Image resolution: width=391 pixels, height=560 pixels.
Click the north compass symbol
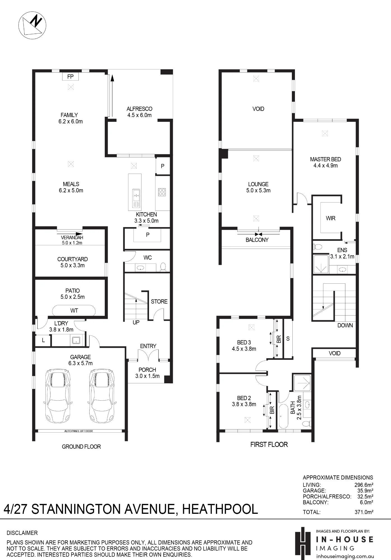[32, 25]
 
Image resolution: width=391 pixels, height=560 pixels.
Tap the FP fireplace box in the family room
[70, 76]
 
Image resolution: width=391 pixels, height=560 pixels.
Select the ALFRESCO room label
[139, 109]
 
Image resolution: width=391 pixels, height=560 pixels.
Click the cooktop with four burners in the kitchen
[162, 192]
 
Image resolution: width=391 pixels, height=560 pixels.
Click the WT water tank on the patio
[74, 311]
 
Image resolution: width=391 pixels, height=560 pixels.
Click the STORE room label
[159, 302]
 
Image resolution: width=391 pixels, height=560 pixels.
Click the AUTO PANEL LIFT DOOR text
[78, 431]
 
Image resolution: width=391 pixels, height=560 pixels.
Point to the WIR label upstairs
[331, 218]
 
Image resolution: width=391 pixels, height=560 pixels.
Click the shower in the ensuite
[321, 264]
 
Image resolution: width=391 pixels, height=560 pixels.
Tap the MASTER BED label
[325, 159]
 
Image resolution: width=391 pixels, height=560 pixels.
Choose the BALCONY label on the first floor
[257, 240]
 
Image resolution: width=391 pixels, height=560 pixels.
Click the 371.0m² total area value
[364, 512]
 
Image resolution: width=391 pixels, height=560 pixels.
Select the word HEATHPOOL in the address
[220, 509]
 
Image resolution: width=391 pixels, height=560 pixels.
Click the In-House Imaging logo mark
[303, 543]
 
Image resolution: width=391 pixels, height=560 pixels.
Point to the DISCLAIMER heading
[22, 533]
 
